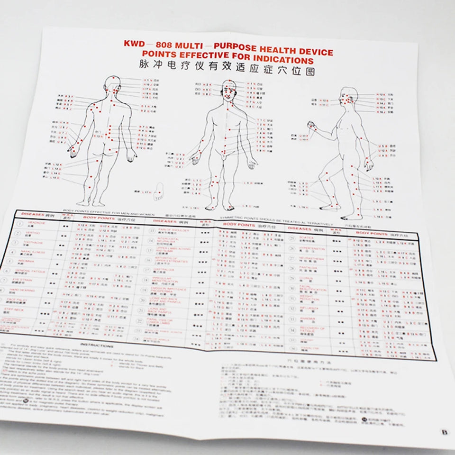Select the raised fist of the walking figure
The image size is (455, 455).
coord(311,125)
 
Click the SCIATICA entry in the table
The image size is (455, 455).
coord(307,237)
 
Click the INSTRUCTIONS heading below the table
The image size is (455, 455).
coord(97,346)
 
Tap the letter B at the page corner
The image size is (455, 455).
coord(444,432)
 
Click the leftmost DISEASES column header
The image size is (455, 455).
coord(34,213)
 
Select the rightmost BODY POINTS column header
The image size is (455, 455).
coord(372,234)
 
